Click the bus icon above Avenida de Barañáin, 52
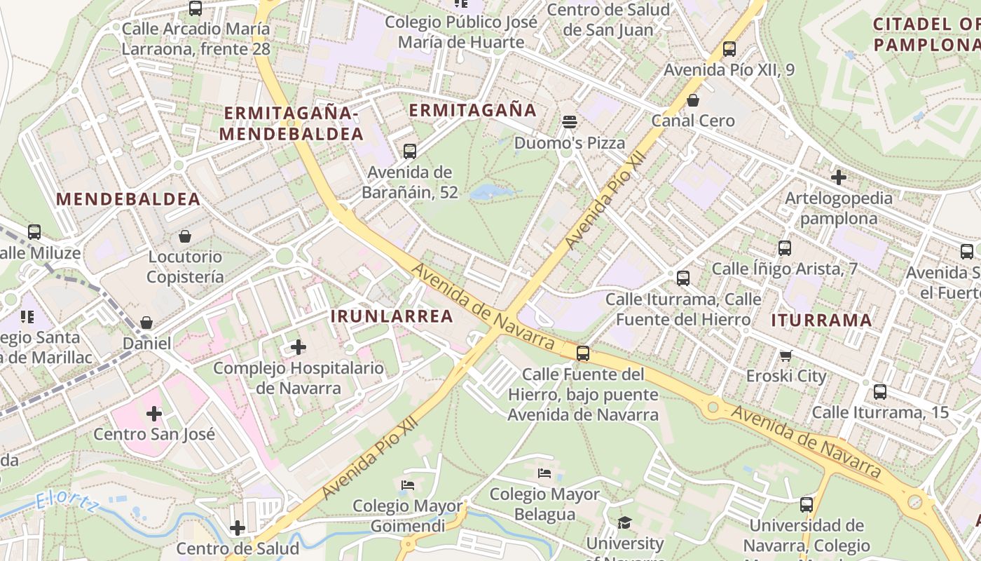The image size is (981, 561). point(410,151)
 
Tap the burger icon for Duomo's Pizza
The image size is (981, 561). point(570,122)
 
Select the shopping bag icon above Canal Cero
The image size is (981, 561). point(693,100)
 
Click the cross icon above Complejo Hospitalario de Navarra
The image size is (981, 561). point(299,346)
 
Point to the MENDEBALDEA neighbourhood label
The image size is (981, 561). point(128,199)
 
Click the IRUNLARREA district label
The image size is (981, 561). point(392,316)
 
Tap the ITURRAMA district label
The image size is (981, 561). point(821,321)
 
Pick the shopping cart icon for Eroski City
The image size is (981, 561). point(786,356)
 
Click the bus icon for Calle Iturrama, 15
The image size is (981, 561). point(880,392)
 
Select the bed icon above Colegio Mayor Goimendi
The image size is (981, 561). point(408,485)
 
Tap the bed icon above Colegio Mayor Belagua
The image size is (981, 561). point(544,473)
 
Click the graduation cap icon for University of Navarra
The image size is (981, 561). point(624,522)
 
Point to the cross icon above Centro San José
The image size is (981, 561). point(154,414)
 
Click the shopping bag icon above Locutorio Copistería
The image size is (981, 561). point(185,236)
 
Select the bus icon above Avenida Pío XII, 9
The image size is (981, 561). point(729,49)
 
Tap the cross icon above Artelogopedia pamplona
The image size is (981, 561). point(838,177)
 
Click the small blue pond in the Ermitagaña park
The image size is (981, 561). point(490,191)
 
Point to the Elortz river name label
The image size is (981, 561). point(67,502)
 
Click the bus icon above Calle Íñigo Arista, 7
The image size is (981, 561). point(785,248)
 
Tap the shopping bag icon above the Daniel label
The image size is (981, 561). point(146,323)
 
